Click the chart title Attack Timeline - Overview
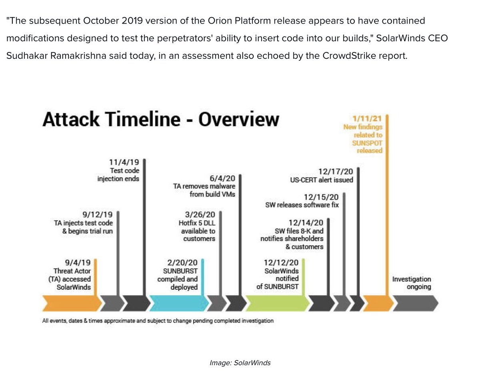[x=161, y=119]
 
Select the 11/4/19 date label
[x=124, y=162]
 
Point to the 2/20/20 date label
[x=182, y=262]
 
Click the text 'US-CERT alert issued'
[x=322, y=180]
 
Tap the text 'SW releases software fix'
[x=302, y=205]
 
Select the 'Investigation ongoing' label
[x=411, y=283]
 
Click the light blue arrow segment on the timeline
[x=178, y=303]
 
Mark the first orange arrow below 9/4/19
[x=70, y=303]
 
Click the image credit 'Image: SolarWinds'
[x=240, y=363]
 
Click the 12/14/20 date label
[x=306, y=222]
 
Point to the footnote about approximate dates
[x=158, y=320]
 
